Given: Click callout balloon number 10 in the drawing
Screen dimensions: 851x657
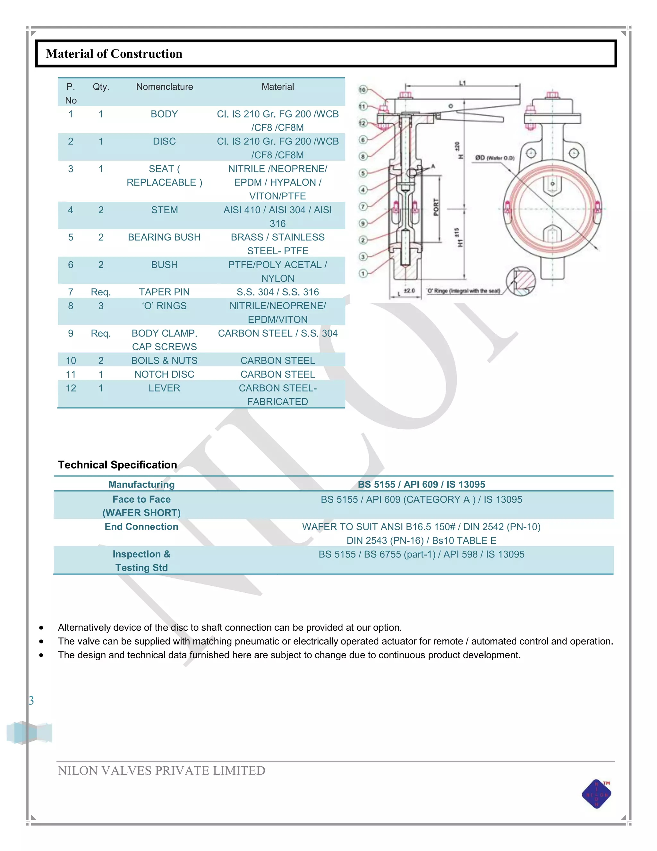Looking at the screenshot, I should (x=363, y=90).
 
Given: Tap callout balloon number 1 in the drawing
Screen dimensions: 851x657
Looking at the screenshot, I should (x=363, y=274).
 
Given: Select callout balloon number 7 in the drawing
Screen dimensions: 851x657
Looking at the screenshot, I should (x=363, y=206).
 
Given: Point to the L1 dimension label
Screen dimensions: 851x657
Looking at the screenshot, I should (x=462, y=83).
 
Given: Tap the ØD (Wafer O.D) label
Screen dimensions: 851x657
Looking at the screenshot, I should (x=495, y=158).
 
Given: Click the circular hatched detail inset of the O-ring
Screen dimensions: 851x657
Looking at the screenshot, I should (x=521, y=281).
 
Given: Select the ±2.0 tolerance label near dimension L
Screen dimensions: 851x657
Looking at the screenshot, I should (x=409, y=291).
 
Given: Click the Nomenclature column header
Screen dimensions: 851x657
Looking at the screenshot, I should (x=164, y=87).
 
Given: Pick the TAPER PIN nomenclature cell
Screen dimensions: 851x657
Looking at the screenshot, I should (x=164, y=292).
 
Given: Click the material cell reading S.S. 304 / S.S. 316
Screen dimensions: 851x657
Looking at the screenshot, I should (x=277, y=292).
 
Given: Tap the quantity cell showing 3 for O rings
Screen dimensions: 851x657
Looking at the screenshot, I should (x=101, y=306).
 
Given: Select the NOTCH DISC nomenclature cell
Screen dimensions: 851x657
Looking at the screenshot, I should (x=164, y=374).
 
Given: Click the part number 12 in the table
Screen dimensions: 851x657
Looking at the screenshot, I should (x=71, y=388).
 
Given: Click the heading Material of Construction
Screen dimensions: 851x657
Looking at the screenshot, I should (x=114, y=53).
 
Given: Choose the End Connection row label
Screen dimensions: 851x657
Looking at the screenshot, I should (x=141, y=526).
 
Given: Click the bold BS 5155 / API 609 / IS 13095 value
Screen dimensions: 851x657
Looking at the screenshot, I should (x=421, y=484).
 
